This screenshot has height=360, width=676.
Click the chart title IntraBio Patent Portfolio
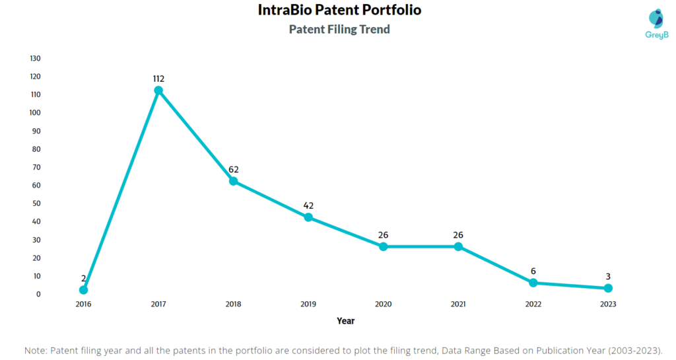click(339, 11)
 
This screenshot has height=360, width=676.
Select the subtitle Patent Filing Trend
click(339, 29)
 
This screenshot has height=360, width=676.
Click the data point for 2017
click(158, 90)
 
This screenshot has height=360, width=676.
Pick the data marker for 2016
click(83, 290)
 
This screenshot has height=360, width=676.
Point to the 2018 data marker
click(233, 181)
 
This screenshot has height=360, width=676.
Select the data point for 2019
click(308, 217)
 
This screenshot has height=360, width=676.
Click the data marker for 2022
click(533, 283)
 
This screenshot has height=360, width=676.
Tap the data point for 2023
click(608, 288)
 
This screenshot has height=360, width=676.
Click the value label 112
click(158, 79)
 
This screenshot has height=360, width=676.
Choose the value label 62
click(233, 169)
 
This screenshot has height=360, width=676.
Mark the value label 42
click(308, 205)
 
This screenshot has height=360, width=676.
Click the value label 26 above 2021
click(458, 234)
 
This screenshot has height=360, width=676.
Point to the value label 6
click(533, 271)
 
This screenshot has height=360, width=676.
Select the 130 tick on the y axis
click(36, 58)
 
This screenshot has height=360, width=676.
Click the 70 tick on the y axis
click(36, 167)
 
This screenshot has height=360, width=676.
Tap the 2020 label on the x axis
click(383, 305)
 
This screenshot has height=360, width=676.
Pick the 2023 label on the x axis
click(608, 305)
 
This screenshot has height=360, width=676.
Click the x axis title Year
click(345, 321)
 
